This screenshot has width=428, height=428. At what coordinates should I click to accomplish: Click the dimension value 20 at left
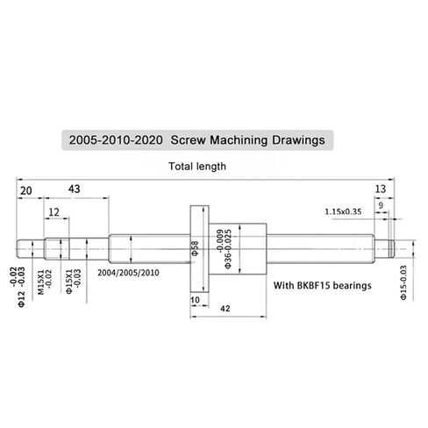click(25, 190)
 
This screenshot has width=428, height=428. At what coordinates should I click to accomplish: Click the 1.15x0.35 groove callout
click(342, 211)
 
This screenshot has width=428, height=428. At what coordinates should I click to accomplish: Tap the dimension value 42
click(225, 308)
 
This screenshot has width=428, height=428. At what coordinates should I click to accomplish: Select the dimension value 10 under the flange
click(194, 300)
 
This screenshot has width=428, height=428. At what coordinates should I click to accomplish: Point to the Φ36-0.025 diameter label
click(228, 250)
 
